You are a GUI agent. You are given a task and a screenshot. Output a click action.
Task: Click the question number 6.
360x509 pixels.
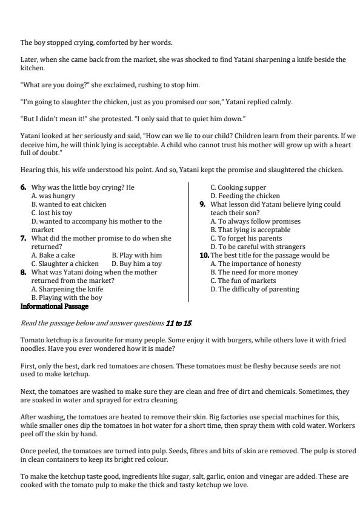coord(23,188)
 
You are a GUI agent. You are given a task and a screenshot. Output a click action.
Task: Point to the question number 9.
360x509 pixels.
coord(202,205)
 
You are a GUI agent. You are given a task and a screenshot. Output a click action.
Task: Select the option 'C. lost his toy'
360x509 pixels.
coord(52,213)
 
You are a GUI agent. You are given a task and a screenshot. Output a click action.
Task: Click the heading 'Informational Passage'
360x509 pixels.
coord(47,307)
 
